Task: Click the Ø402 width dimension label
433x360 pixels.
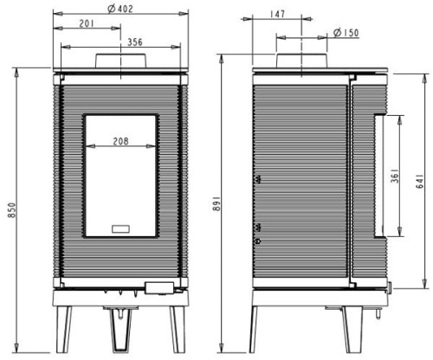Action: tap(120, 9)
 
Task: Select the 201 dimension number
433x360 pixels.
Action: tap(87, 23)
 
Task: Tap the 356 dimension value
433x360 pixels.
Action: tap(135, 42)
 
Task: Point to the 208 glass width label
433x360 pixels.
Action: tap(120, 141)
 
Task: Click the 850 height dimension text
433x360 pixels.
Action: tap(12, 210)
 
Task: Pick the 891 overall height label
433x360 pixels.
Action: tap(216, 203)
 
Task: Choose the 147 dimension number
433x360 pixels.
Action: tap(277, 14)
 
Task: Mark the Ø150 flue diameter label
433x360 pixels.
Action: tap(346, 33)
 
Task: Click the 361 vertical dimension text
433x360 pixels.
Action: tap(395, 176)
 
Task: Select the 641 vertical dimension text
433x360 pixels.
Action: tap(420, 181)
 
